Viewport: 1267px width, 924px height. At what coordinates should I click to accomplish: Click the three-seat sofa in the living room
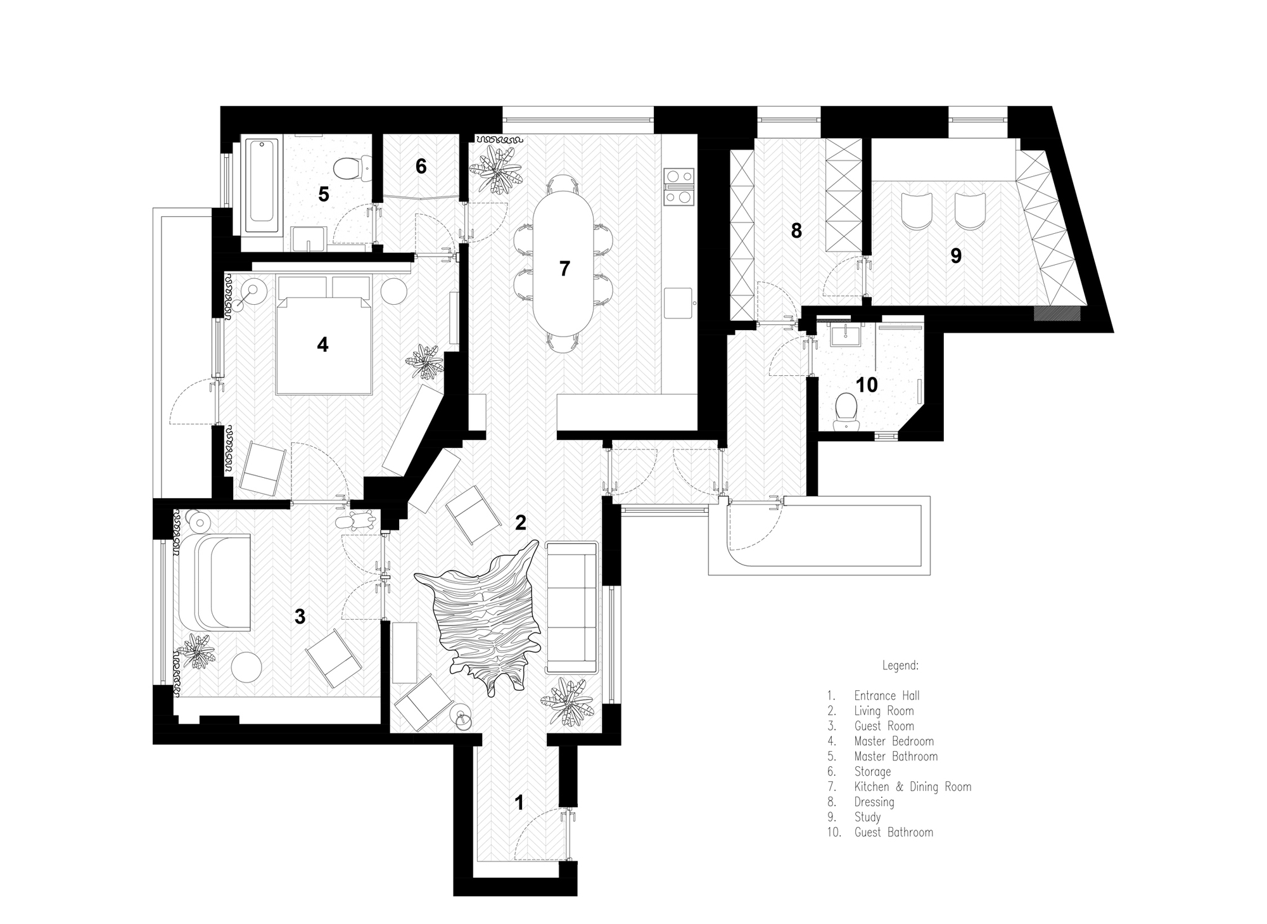click(x=572, y=606)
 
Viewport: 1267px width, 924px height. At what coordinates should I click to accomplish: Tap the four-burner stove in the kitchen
click(x=678, y=186)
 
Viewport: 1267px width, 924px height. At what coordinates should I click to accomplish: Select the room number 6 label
click(x=421, y=166)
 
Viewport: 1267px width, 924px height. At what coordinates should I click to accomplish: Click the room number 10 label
click(x=867, y=385)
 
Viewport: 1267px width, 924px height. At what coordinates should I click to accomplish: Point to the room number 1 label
click(x=519, y=803)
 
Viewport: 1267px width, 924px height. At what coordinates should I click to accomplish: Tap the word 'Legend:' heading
click(x=900, y=666)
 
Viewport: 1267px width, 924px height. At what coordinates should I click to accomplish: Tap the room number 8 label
click(x=796, y=231)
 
